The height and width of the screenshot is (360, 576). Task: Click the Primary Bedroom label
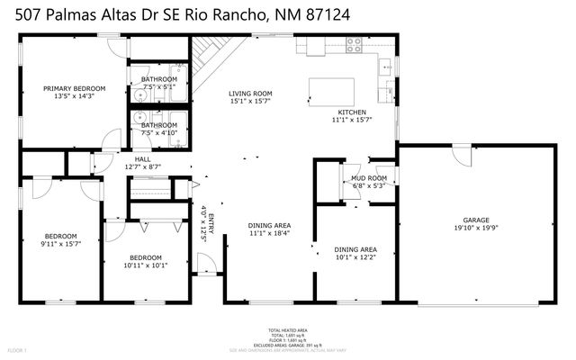[75, 88]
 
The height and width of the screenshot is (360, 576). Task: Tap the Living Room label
[250, 94]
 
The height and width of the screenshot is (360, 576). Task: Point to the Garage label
[476, 220]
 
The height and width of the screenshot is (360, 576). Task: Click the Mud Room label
[369, 178]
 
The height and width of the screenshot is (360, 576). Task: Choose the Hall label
[142, 158]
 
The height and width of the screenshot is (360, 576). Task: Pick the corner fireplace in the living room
[210, 55]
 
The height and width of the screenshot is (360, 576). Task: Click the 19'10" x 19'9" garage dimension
[476, 229]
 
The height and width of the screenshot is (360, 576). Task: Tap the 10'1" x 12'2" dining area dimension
[355, 256]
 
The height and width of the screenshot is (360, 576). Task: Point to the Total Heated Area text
[287, 329]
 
